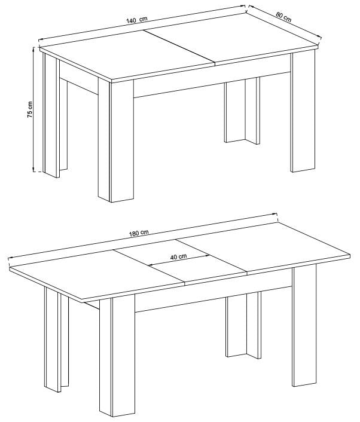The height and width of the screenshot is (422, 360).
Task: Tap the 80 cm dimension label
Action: tap(283, 16)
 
